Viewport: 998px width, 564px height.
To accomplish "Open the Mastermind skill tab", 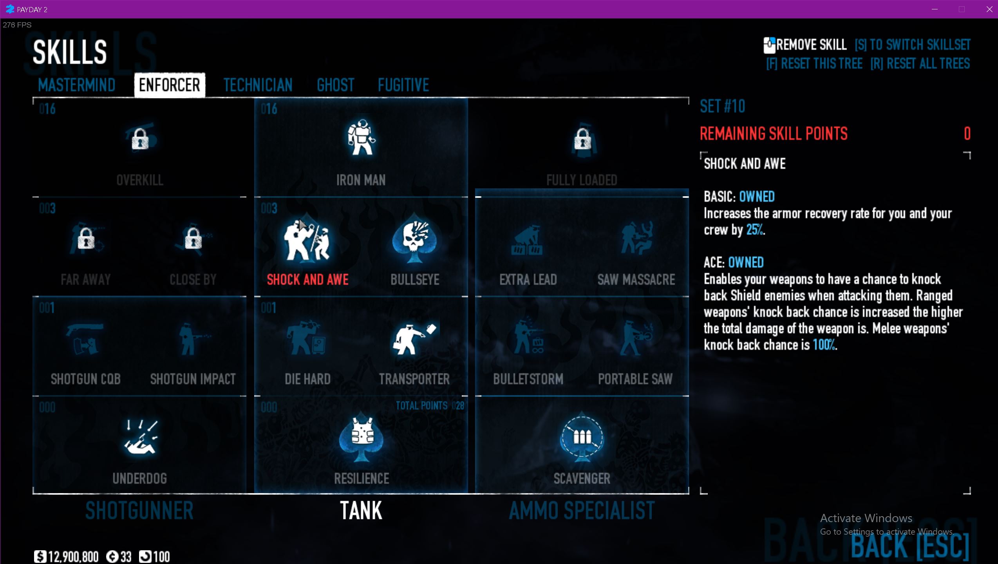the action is point(77,85).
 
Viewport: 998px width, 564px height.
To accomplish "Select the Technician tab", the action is point(258,85).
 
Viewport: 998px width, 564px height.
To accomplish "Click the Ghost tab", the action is point(336,85).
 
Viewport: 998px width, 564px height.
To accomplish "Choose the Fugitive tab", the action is point(403,85).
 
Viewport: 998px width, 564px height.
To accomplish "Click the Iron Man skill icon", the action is point(361,137).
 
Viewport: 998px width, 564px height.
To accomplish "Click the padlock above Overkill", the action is point(140,139).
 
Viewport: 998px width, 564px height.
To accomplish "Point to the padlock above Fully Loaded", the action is point(582,139).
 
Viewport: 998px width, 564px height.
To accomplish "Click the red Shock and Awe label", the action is point(308,280).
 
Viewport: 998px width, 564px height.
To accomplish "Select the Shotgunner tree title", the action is point(139,511).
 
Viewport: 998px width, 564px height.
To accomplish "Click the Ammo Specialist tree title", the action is point(582,511).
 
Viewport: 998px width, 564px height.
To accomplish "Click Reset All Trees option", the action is point(920,63).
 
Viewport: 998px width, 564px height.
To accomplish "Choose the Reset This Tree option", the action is point(814,63).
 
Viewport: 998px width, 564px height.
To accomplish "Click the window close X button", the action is point(989,9).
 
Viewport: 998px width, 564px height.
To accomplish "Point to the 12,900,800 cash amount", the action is point(73,557).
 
